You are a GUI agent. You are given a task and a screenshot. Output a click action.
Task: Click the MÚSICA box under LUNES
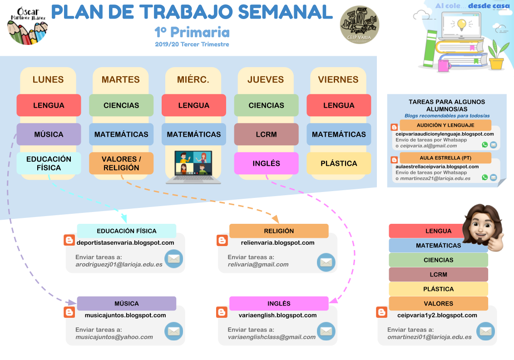pyautogui.click(x=49, y=134)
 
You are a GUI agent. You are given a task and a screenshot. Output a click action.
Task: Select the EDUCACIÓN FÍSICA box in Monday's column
pyautogui.click(x=49, y=163)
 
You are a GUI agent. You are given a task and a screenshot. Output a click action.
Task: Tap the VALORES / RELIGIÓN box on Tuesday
pyautogui.click(x=121, y=163)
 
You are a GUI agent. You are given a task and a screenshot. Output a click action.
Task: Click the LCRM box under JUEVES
pyautogui.click(x=266, y=134)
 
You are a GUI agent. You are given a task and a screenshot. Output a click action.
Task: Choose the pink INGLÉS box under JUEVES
pyautogui.click(x=266, y=163)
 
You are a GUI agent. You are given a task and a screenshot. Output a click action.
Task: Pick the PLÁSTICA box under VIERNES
pyautogui.click(x=339, y=163)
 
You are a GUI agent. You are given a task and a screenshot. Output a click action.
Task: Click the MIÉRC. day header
pyautogui.click(x=193, y=80)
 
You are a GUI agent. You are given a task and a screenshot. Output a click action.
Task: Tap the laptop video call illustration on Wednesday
pyautogui.click(x=193, y=167)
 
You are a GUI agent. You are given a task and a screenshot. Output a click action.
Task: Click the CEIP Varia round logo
pyautogui.click(x=360, y=25)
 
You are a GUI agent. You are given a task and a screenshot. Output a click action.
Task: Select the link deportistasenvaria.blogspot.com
pyautogui.click(x=125, y=242)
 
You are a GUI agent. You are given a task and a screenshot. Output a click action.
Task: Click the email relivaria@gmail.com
pyautogui.click(x=258, y=264)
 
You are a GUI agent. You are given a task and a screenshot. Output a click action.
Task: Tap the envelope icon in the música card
pyautogui.click(x=173, y=331)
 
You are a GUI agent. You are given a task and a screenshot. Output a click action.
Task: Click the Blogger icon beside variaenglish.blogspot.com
pyautogui.click(x=222, y=312)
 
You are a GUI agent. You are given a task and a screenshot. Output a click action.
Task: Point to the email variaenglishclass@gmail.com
pyautogui.click(x=272, y=337)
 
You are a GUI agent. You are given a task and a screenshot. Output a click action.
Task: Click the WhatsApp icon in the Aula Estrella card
pyautogui.click(x=485, y=178)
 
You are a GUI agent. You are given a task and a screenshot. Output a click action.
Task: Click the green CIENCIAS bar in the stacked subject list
pyautogui.click(x=438, y=260)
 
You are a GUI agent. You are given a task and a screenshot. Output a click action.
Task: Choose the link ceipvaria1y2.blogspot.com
pyautogui.click(x=437, y=315)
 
